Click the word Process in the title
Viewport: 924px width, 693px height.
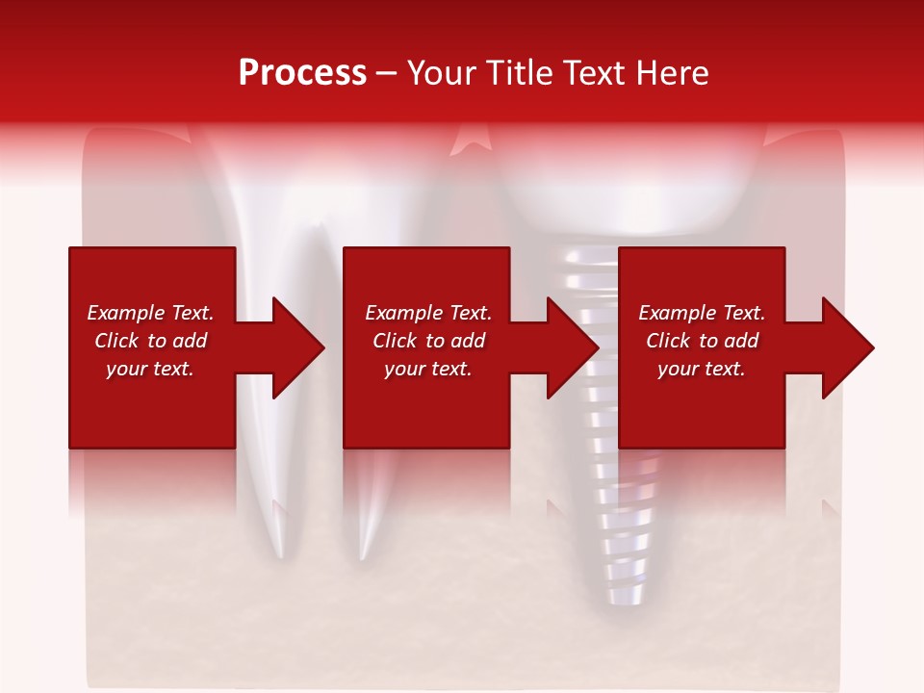click(x=302, y=73)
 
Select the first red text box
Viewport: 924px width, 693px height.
click(x=152, y=404)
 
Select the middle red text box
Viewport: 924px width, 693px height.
click(x=426, y=404)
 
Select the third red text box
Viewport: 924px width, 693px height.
click(x=701, y=404)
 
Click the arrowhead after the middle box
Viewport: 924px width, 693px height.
click(x=572, y=347)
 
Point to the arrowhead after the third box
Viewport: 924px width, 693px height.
click(x=847, y=347)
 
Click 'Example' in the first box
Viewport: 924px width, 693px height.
click(x=126, y=313)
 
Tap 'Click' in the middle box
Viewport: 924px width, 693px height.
click(x=396, y=341)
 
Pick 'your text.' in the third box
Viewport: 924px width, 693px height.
click(x=701, y=369)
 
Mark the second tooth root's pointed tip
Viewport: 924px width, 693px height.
click(x=362, y=554)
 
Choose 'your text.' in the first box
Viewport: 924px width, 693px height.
click(x=150, y=369)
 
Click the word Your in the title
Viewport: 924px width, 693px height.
click(x=444, y=73)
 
